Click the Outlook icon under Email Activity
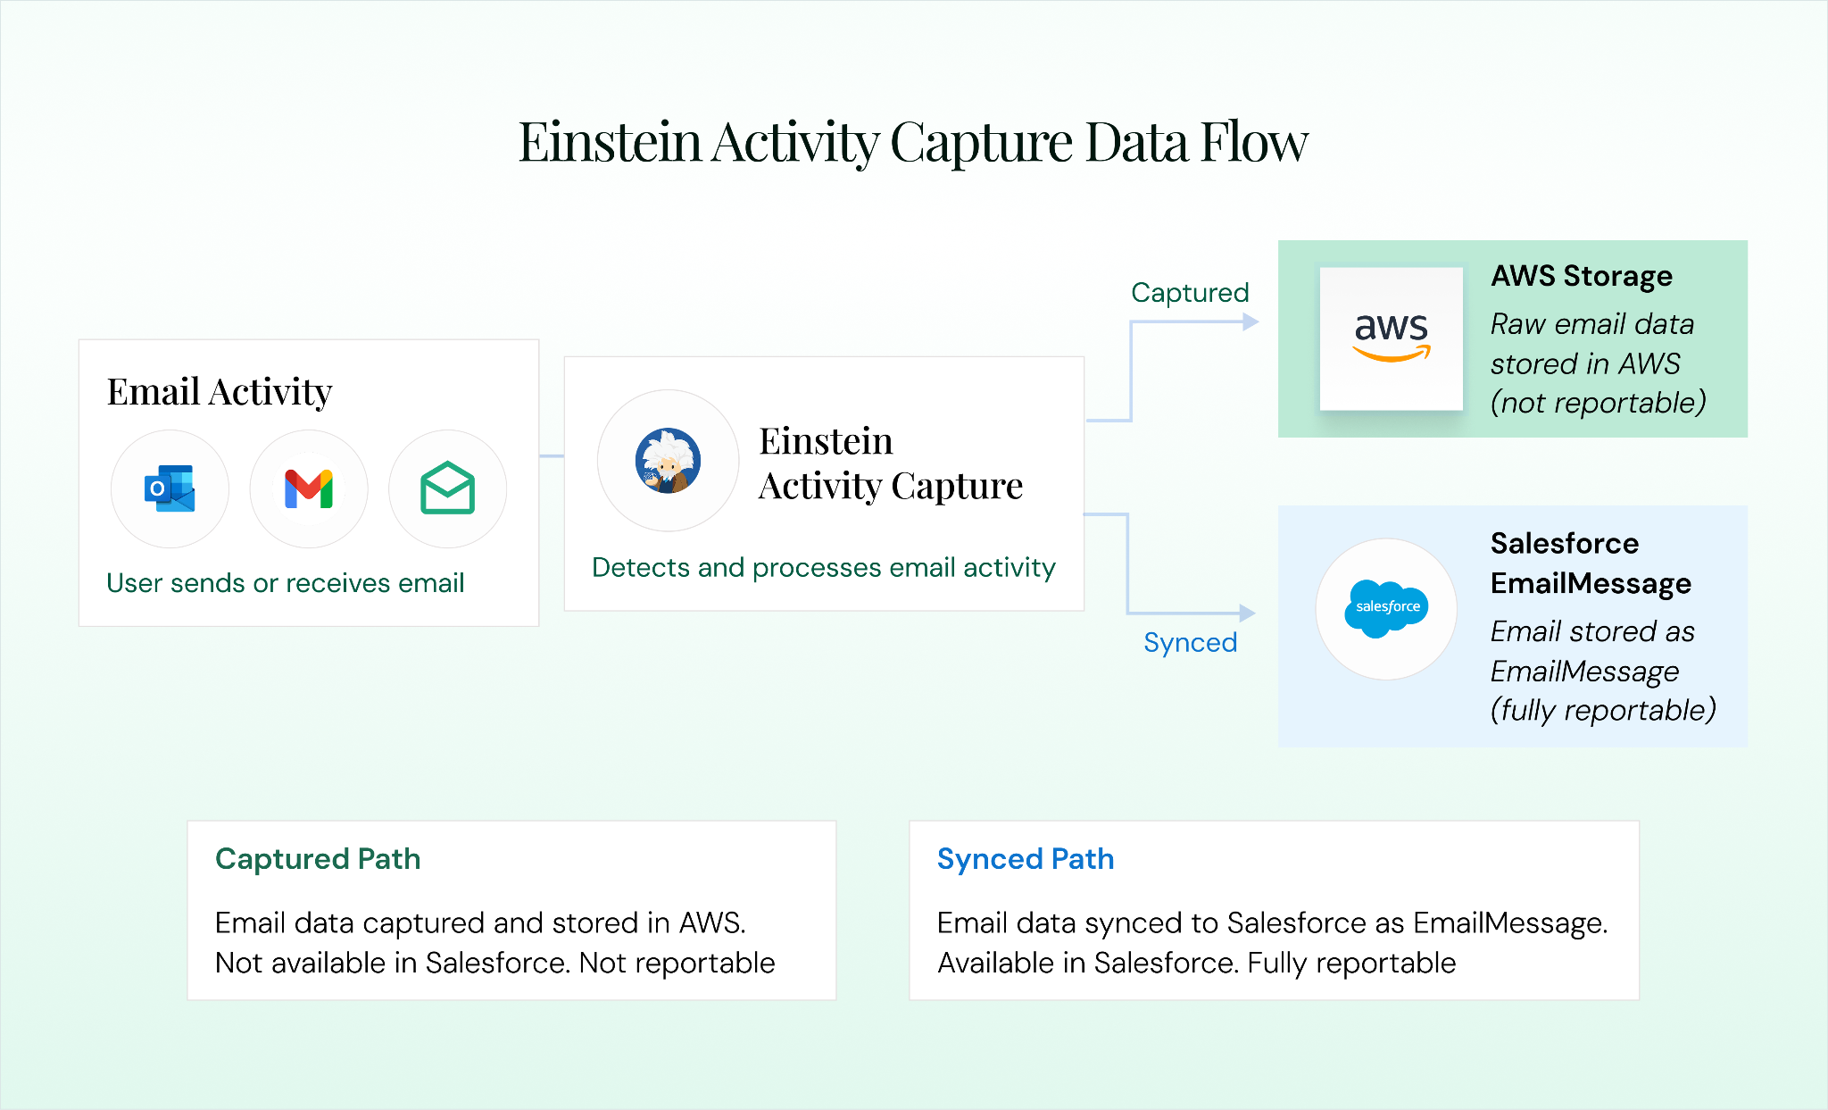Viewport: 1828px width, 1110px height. point(170,488)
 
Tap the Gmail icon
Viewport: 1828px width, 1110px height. point(309,488)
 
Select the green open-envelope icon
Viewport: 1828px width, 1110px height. point(447,488)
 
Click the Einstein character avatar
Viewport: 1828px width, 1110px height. point(668,461)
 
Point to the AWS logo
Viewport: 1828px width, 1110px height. point(1392,338)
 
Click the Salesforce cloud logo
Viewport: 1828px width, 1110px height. point(1386,608)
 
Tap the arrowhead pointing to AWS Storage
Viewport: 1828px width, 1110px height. point(1251,321)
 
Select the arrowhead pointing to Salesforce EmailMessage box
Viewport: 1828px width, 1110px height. point(1247,613)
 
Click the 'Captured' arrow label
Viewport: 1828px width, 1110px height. point(1190,292)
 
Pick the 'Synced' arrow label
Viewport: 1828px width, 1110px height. point(1190,642)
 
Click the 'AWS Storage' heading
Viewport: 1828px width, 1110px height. point(1582,276)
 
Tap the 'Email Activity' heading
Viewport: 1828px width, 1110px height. point(220,391)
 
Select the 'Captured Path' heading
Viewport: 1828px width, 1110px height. point(318,858)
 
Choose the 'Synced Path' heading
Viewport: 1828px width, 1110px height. point(1026,858)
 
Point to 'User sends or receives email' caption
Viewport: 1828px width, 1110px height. point(286,582)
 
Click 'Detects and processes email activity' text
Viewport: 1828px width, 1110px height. point(823,567)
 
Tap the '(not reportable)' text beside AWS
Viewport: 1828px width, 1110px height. point(1598,403)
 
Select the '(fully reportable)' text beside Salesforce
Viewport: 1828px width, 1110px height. point(1603,710)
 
